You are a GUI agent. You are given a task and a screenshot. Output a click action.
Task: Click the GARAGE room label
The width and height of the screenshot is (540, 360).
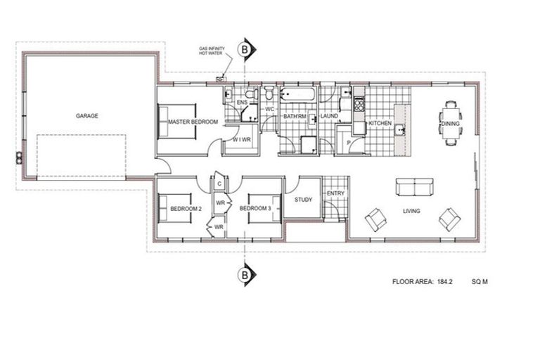coord(87,116)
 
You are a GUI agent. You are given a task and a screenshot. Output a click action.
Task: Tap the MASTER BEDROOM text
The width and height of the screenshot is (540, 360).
coord(193,122)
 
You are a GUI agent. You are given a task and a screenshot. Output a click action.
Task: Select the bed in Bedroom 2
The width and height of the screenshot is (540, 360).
coord(176,208)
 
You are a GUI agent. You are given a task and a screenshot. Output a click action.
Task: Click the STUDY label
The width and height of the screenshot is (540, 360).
coord(303,200)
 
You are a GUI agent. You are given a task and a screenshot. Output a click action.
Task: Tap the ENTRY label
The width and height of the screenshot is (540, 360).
coord(335,193)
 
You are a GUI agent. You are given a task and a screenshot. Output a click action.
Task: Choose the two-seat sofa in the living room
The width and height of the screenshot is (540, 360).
coord(415,186)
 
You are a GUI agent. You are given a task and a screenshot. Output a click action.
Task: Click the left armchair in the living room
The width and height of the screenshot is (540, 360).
coord(375,219)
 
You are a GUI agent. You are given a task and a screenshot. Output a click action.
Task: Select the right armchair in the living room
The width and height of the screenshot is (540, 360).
coord(449,219)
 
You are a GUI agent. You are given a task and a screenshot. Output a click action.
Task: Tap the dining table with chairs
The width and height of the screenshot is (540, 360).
coord(450,124)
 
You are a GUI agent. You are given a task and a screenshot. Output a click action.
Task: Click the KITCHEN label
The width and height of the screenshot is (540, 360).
coord(380,123)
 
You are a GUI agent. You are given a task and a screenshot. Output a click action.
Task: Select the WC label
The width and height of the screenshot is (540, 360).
coord(269,109)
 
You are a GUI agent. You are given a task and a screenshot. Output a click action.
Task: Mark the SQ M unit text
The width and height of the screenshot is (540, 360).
coord(480,282)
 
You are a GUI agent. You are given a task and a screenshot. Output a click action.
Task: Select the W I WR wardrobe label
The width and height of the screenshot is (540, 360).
coord(243,140)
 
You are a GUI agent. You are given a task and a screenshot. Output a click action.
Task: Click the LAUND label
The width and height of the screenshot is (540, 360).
coord(329,115)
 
